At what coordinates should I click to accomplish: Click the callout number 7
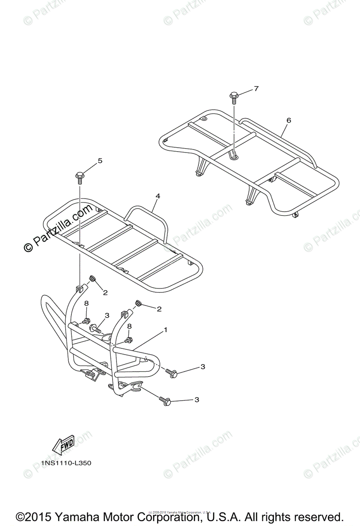click(256, 89)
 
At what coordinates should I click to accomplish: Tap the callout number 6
click(288, 120)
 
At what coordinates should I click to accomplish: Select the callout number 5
click(100, 161)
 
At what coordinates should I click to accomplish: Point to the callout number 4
click(158, 196)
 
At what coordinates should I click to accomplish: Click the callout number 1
click(165, 329)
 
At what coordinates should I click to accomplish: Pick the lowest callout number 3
click(196, 400)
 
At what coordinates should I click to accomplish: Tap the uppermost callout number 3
click(106, 315)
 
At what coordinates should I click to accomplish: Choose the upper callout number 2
click(105, 292)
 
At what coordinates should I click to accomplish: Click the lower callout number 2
click(159, 309)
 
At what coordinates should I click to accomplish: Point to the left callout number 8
click(86, 303)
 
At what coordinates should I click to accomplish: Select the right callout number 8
click(129, 326)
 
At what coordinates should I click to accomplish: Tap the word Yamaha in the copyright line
click(71, 516)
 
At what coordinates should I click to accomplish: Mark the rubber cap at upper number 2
click(93, 279)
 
